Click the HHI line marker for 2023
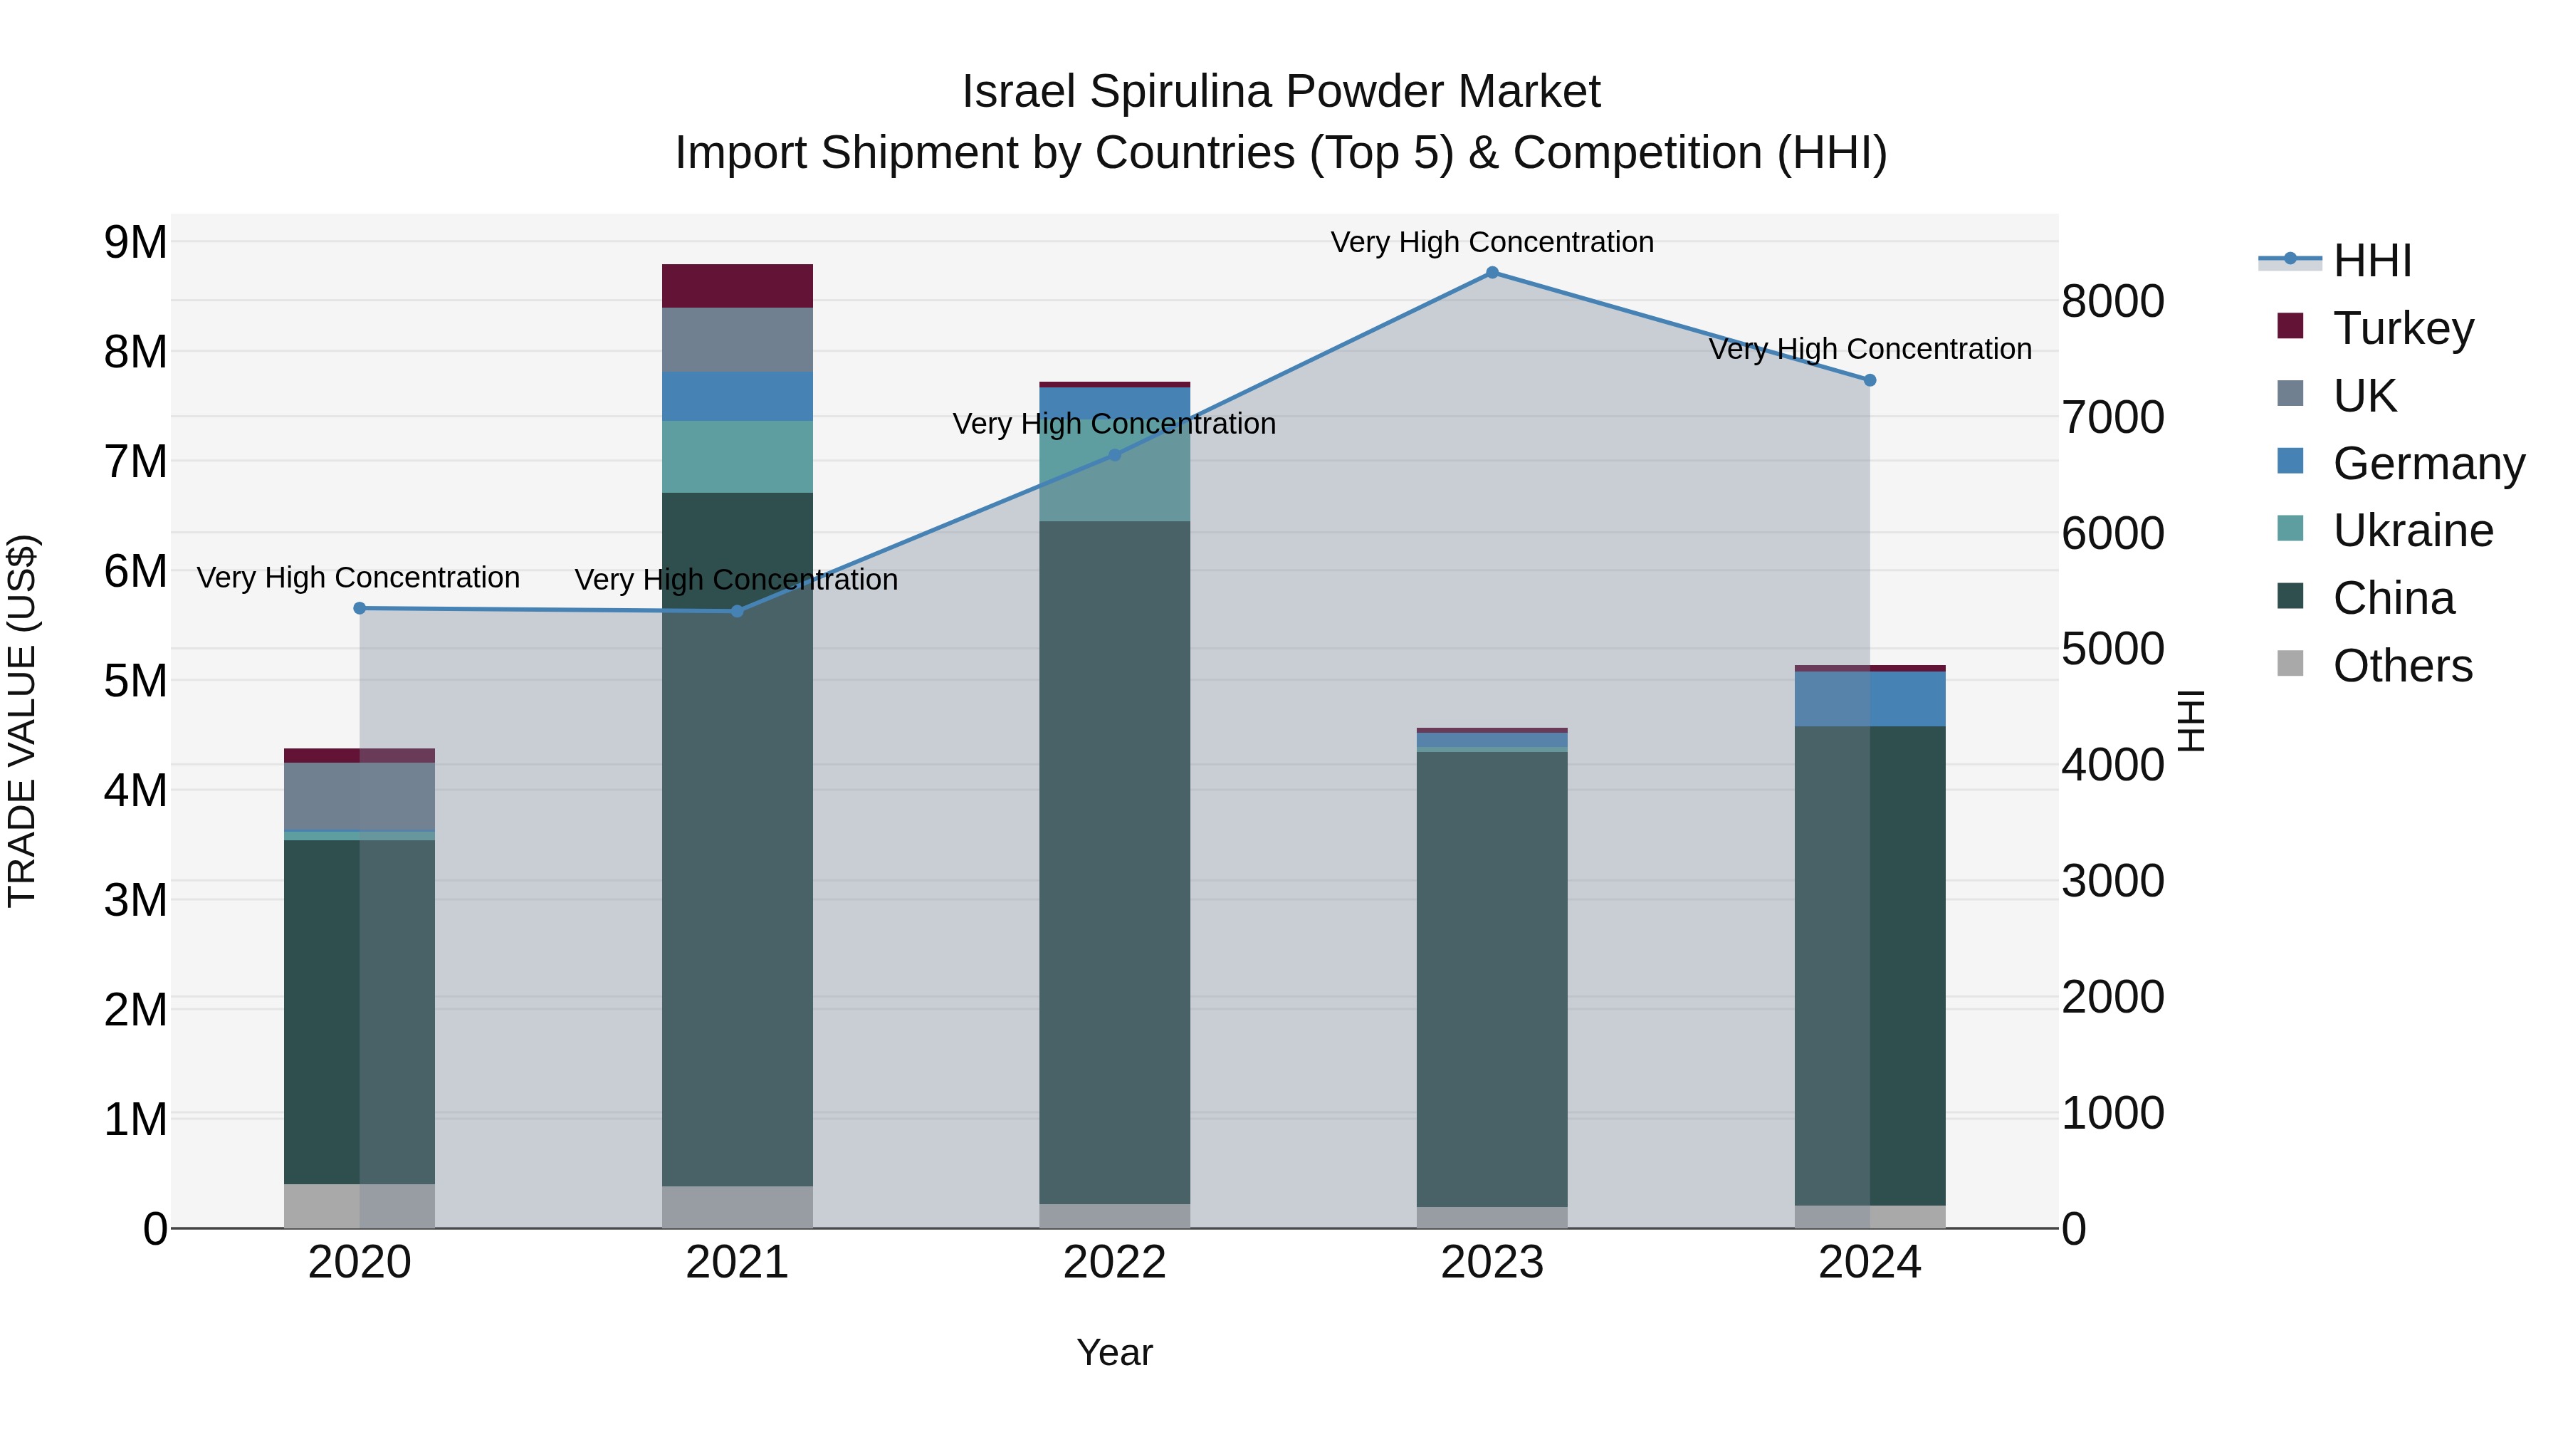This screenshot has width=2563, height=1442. click(1492, 273)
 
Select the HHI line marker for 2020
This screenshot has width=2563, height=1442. click(360, 608)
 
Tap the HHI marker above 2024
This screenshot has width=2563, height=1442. click(1870, 380)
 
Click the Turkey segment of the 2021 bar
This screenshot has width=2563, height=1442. click(738, 286)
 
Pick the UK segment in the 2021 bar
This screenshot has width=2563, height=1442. click(738, 340)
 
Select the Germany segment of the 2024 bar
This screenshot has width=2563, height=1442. click(1870, 699)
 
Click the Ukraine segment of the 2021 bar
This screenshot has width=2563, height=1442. click(738, 456)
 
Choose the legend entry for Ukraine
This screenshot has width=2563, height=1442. click(2412, 531)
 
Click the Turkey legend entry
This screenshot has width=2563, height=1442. click(2402, 328)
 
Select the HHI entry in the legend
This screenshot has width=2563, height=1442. click(2371, 261)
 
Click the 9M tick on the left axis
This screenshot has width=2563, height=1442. click(136, 242)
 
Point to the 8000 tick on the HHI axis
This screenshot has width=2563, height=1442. click(2112, 301)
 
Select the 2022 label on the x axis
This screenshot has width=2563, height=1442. click(1114, 1263)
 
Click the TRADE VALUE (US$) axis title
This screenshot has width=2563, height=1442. click(22, 721)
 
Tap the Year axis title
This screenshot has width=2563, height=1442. click(1114, 1352)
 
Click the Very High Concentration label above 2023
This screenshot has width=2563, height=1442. click(1492, 242)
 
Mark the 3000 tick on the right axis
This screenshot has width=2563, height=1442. click(2112, 881)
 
